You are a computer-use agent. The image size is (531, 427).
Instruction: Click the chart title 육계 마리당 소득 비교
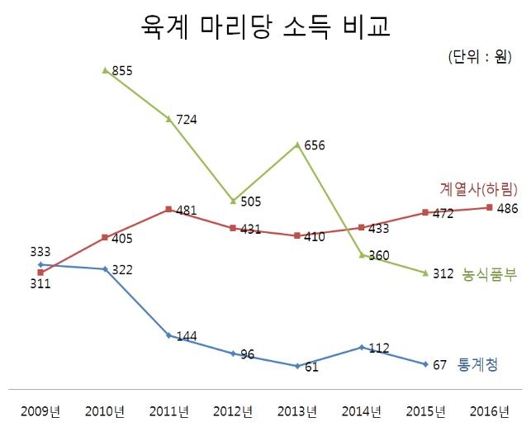265,26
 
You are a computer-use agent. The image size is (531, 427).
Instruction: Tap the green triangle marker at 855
105,70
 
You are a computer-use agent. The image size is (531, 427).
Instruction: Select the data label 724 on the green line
187,120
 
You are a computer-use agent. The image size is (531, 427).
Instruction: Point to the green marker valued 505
234,200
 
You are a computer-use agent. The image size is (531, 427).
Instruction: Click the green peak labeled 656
298,145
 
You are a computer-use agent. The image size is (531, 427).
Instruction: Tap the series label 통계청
477,364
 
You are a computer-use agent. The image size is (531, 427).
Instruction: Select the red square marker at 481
168,210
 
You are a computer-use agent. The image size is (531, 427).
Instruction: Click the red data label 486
507,207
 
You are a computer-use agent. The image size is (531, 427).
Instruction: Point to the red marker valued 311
40,272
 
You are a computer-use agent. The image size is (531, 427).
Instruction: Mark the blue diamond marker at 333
40,264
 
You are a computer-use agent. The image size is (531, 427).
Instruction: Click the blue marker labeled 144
168,335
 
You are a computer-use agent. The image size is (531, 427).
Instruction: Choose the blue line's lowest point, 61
297,365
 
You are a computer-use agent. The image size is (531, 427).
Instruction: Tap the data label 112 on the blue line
379,349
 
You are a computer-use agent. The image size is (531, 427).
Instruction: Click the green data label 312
443,274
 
